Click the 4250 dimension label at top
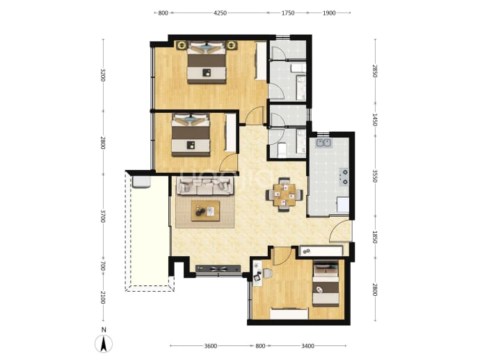(220, 13)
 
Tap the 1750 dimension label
(288, 13)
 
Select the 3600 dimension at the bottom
(211, 346)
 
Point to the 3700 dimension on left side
(103, 217)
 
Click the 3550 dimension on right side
(374, 176)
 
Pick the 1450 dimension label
(374, 120)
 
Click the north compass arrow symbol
(104, 344)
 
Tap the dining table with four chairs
(285, 194)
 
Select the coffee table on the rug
(205, 210)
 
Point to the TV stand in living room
(218, 269)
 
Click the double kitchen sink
(324, 143)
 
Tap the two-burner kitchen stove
(344, 177)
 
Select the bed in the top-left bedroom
(207, 62)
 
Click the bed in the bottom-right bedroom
(326, 284)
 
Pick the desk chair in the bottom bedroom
(267, 273)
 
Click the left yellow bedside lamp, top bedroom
(182, 45)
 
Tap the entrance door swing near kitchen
(339, 231)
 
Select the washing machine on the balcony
(141, 181)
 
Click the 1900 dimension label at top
(329, 13)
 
